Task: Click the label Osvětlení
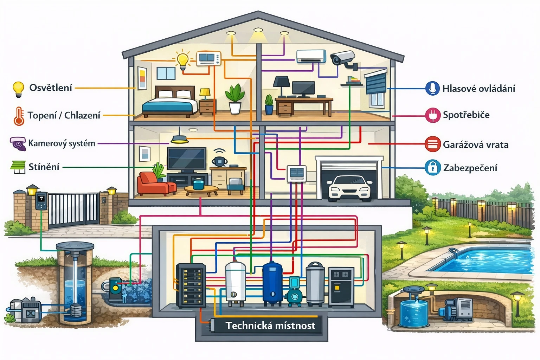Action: pyautogui.click(x=51, y=88)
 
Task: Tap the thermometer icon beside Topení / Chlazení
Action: pyautogui.click(x=19, y=116)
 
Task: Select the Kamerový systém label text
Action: pyautogui.click(x=62, y=143)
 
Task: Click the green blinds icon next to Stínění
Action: pyautogui.click(x=18, y=167)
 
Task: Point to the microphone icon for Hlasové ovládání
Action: pyautogui.click(x=432, y=88)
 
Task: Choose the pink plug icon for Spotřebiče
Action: pyautogui.click(x=432, y=115)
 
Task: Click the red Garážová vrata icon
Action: pyautogui.click(x=432, y=144)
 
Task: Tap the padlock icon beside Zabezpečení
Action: pyautogui.click(x=432, y=168)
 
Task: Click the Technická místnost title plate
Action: pyautogui.click(x=270, y=326)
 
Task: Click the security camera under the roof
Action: pyautogui.click(x=343, y=58)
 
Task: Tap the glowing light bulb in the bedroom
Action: pyautogui.click(x=182, y=60)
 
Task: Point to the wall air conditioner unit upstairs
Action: pyautogui.click(x=311, y=56)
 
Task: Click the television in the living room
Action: pyautogui.click(x=186, y=159)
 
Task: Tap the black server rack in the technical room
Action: pyautogui.click(x=191, y=285)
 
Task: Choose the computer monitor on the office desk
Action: pyautogui.click(x=303, y=89)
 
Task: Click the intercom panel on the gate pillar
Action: pyautogui.click(x=41, y=200)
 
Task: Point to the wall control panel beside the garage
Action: pyautogui.click(x=296, y=173)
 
